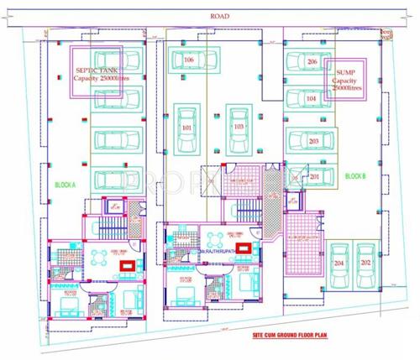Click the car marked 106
point(188,60)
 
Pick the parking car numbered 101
point(186,127)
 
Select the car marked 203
point(312,142)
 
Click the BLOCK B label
point(355,176)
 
